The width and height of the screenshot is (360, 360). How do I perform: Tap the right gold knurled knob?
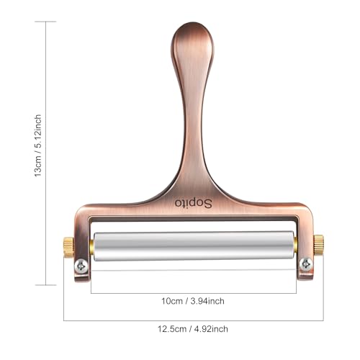pos(318,244)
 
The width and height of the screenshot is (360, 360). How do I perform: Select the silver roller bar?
pos(193,245)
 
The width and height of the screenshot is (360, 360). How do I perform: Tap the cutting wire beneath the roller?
pos(193,269)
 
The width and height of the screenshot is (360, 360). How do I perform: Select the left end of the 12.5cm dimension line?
pos(64,319)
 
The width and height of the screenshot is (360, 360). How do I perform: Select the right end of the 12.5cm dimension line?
pos(323,319)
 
